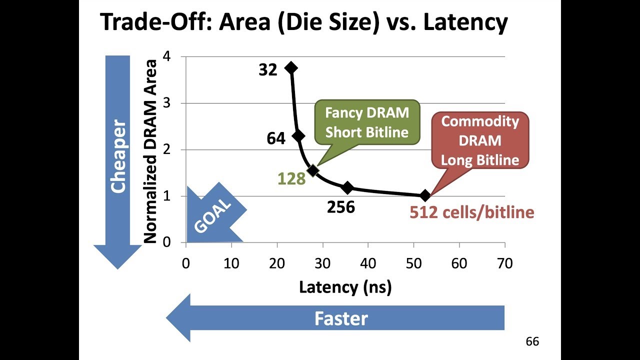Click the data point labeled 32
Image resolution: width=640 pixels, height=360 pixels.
click(x=291, y=68)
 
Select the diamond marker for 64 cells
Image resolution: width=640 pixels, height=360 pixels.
click(x=298, y=136)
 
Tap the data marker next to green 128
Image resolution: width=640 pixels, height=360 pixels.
click(x=313, y=170)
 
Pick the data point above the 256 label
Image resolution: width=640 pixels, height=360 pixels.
click(x=347, y=188)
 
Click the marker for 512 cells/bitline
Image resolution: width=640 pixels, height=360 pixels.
click(x=425, y=195)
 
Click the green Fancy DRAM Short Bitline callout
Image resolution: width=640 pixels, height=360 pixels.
click(x=367, y=122)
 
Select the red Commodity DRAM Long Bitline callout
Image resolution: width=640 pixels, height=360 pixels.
click(x=480, y=139)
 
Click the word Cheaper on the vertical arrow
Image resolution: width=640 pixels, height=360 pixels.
click(x=118, y=156)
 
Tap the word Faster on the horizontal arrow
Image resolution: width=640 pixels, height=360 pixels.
click(x=341, y=318)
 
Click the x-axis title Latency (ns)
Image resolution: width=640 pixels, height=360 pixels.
click(x=345, y=287)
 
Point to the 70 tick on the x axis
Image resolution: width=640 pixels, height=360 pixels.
click(x=505, y=263)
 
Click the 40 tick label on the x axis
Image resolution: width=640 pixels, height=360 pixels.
click(x=368, y=263)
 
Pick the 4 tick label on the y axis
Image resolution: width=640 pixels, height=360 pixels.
click(x=166, y=57)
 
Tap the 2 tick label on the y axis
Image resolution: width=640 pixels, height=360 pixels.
click(x=166, y=149)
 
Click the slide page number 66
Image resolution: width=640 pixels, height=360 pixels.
click(x=532, y=342)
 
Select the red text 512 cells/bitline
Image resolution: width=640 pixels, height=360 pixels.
click(x=471, y=212)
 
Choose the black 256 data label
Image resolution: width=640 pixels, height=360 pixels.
click(x=340, y=207)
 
